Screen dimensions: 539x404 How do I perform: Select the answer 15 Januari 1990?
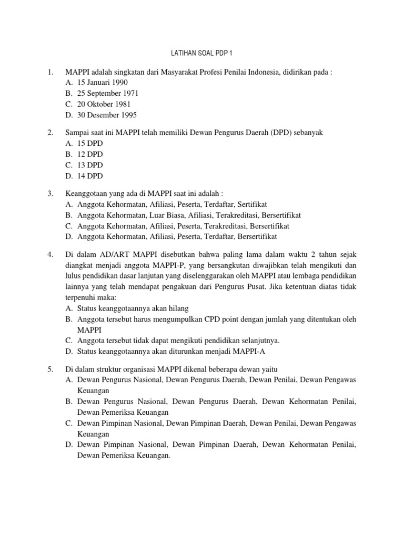point(102,83)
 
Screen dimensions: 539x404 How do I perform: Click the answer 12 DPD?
point(90,154)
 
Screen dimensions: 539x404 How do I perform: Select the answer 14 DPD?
point(90,176)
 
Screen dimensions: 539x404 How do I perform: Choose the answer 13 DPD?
point(90,165)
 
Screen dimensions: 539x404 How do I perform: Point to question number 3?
point(50,194)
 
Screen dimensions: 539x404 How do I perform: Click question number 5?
point(50,370)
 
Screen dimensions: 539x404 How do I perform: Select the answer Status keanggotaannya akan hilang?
point(133,308)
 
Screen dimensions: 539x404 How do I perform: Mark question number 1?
point(50,72)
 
